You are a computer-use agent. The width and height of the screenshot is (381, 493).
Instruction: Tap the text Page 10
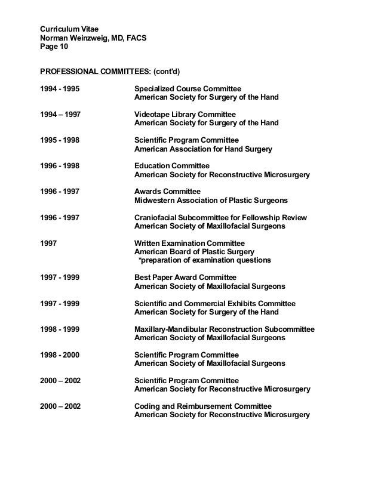[54, 48]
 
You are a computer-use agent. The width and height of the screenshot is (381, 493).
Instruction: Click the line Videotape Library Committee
[185, 114]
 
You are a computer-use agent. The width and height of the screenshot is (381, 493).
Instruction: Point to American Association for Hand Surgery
[203, 149]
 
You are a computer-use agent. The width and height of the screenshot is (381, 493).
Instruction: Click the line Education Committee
[172, 165]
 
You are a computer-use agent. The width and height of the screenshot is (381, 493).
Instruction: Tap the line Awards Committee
[168, 191]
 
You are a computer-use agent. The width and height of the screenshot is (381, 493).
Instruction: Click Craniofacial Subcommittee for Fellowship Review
[220, 217]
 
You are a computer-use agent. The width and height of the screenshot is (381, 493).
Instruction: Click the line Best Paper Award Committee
[185, 278]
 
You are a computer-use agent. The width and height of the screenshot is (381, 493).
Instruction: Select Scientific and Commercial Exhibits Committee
[214, 303]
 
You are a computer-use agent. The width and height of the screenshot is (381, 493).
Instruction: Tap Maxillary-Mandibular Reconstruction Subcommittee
[225, 329]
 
